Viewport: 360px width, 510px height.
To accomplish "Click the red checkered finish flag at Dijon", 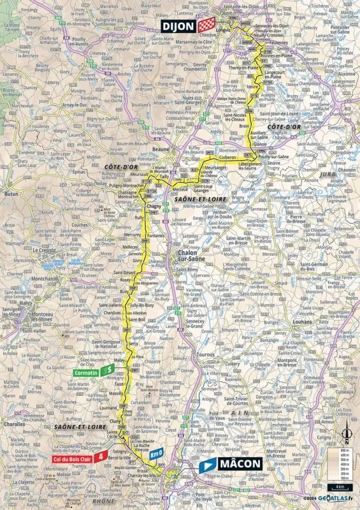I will pyautogui.click(x=205, y=25).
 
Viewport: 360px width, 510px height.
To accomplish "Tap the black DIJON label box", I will pyautogui.click(x=178, y=25).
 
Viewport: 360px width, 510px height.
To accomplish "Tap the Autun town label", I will pyautogui.click(x=11, y=191).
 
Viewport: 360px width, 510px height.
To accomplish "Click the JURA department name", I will pyautogui.click(x=329, y=173).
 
